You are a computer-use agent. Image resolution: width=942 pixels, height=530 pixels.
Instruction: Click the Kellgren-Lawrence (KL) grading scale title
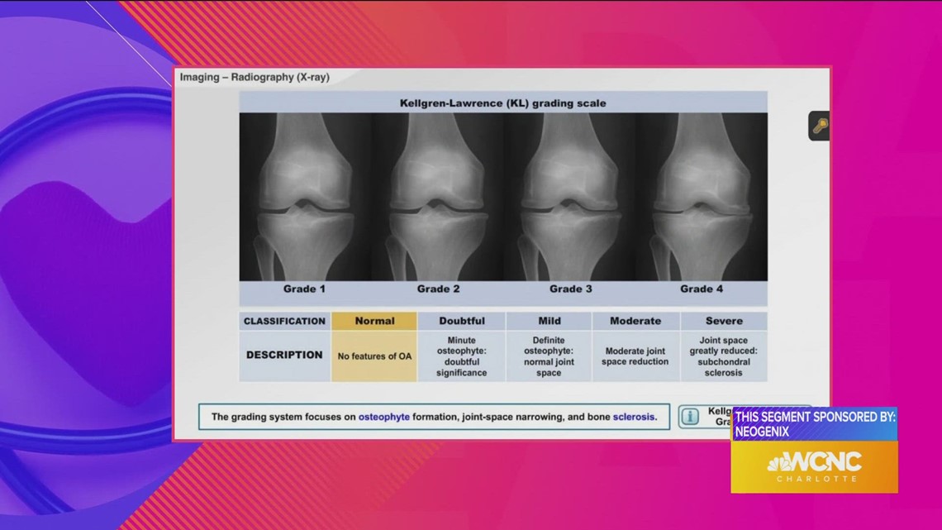pos(503,103)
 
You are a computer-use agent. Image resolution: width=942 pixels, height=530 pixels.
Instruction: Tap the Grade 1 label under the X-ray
pos(305,289)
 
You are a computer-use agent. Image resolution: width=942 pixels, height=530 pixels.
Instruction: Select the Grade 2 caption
pos(438,289)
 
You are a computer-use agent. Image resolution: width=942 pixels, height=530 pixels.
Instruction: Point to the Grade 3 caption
pos(571,289)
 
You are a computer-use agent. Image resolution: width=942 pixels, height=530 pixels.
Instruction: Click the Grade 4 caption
pos(702,289)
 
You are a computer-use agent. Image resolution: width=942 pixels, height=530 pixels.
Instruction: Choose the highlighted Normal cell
pos(374,321)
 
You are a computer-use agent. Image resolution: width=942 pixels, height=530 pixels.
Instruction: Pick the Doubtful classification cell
pos(462,321)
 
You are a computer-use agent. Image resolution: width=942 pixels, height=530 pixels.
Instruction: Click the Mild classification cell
pos(549,321)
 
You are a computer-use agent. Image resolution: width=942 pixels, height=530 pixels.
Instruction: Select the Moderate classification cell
pos(635,321)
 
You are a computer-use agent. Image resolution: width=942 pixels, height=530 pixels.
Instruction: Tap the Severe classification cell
pos(724,321)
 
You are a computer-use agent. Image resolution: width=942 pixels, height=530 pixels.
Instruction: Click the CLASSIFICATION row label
pos(284,321)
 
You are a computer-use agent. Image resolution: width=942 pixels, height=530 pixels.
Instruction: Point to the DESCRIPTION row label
pos(284,355)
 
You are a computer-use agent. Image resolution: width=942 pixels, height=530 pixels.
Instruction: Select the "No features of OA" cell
pos(374,356)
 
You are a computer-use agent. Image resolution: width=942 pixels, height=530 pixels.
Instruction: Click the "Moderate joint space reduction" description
pos(635,356)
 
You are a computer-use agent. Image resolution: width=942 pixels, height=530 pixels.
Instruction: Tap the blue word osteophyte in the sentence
pos(383,417)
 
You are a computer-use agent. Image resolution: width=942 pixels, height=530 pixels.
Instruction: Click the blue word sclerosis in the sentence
pos(634,417)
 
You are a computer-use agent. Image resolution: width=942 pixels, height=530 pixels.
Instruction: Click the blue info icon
pos(689,417)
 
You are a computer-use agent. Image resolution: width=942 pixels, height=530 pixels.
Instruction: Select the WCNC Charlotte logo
pos(814,465)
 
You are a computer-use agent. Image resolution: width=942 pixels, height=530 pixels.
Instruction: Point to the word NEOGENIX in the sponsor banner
pos(762,431)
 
